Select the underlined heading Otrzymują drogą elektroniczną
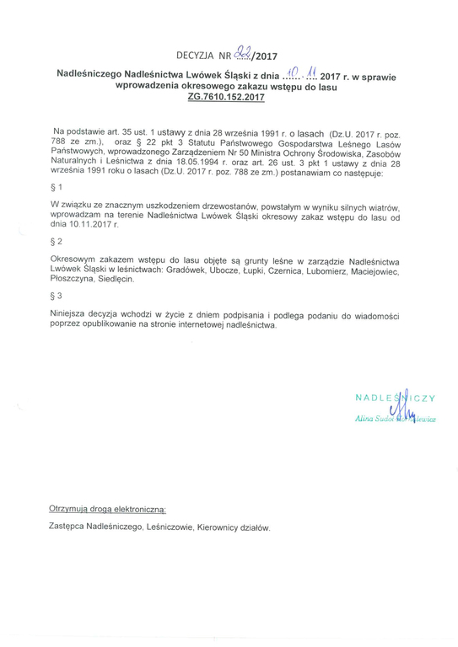[108, 510]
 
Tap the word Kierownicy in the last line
[219, 527]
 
